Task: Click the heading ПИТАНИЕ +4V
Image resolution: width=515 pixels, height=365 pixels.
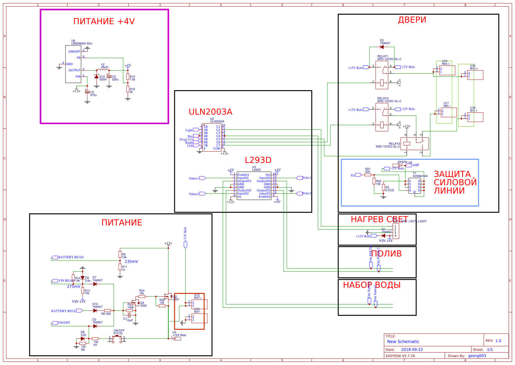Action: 104,21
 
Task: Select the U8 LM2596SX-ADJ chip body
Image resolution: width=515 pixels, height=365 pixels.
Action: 73,64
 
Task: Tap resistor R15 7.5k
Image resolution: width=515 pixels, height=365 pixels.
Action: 128,77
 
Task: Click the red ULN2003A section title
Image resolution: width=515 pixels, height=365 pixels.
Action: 210,112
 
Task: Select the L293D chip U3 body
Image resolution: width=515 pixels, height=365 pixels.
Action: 254,186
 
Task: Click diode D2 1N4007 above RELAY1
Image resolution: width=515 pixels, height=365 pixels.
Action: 382,47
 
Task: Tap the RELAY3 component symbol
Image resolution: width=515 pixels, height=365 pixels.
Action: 414,144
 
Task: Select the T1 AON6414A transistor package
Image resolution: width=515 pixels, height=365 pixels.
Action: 415,186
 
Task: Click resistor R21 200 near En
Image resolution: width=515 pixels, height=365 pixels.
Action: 368,175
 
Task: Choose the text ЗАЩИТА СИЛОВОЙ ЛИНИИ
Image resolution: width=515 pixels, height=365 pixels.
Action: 455,182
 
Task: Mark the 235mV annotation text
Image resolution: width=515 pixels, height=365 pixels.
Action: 131,261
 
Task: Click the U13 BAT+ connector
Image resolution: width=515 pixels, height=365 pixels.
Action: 198,304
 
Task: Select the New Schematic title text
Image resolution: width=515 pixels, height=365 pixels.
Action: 403,342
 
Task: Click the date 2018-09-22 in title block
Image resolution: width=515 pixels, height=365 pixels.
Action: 412,349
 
